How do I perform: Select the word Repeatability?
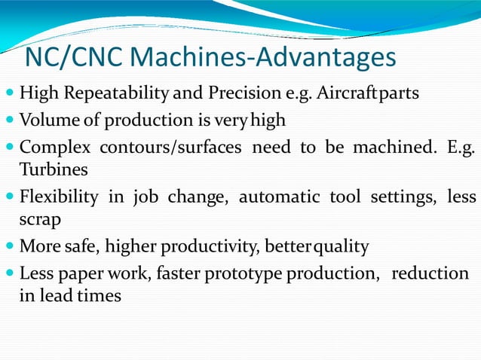pos(113,95)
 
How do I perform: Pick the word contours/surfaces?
pos(177,145)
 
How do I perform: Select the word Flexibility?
pos(59,197)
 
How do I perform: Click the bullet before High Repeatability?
pos(8,96)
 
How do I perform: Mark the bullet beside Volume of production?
pos(8,121)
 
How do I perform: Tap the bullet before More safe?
pos(8,246)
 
